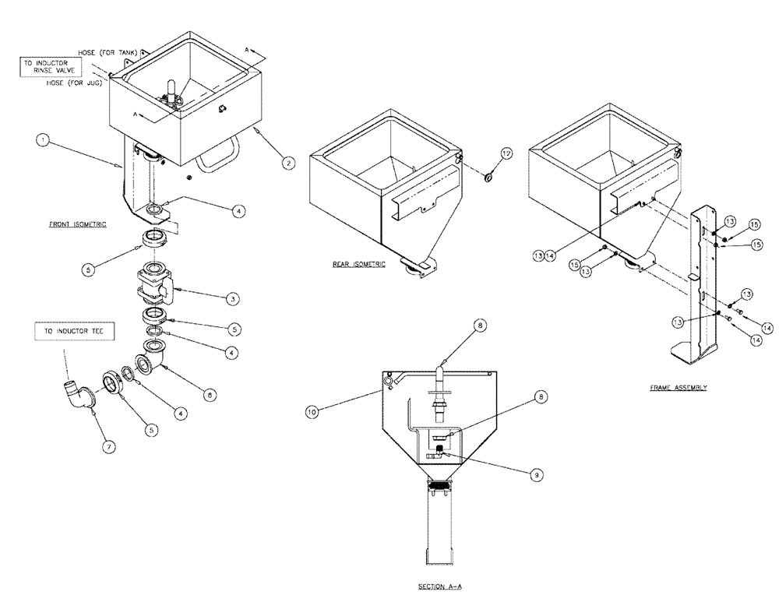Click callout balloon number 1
coord(44,141)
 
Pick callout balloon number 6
coord(206,394)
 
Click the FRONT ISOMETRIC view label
coord(77,224)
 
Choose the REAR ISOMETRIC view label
coord(358,264)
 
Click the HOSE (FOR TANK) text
coord(108,52)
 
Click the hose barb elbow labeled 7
coord(76,392)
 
